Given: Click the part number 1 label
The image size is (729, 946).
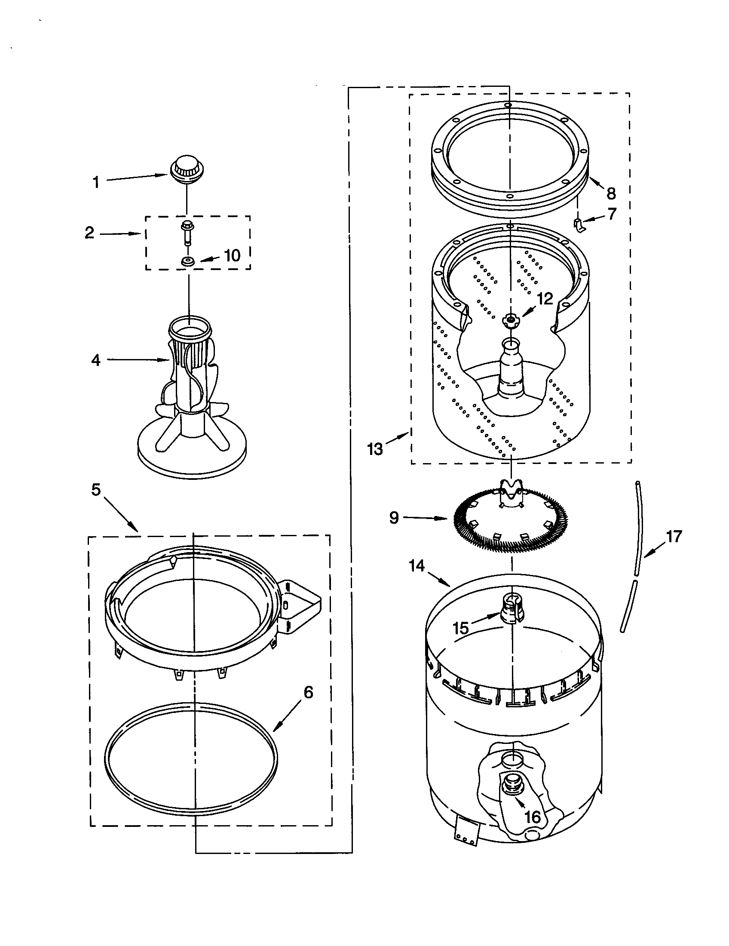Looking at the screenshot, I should coord(96,182).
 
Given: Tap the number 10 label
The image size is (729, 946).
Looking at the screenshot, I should coord(233,255).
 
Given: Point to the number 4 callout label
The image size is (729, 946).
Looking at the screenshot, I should coord(96,360).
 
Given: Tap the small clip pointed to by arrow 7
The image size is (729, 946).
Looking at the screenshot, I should coord(579,225).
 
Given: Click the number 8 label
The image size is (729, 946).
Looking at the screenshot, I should coord(611,193).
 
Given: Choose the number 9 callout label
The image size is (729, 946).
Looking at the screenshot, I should coord(393,517).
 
